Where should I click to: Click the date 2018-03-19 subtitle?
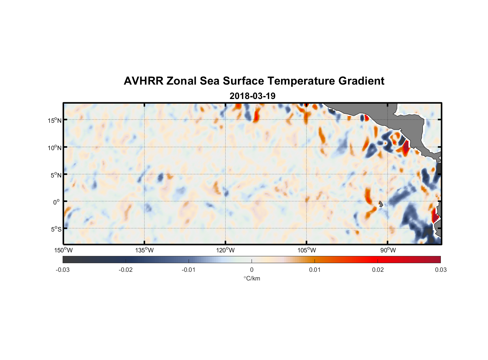point(252,96)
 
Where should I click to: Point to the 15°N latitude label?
point(55,120)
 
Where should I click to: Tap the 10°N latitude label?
point(55,148)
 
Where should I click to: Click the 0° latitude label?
point(57,202)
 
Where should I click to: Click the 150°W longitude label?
point(63,250)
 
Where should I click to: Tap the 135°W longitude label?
point(144,250)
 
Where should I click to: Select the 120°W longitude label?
point(225,250)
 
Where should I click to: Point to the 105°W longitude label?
point(307,250)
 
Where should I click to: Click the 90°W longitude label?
point(388,250)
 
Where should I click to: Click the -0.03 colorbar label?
point(63,270)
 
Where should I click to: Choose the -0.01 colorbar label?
point(189,270)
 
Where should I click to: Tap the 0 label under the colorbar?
point(252,270)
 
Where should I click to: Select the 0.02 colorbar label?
point(378,270)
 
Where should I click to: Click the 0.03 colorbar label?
point(440,270)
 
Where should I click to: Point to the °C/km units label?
point(252,278)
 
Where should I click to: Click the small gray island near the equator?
point(381,204)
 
